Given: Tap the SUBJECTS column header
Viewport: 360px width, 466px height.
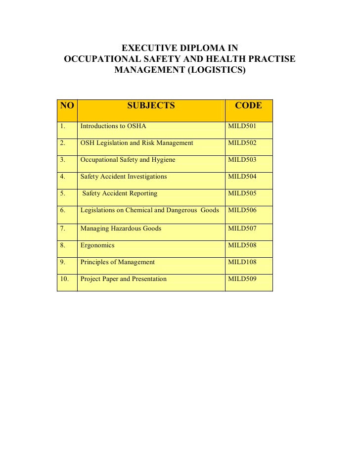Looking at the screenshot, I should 151,105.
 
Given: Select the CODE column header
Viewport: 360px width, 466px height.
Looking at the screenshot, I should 248,105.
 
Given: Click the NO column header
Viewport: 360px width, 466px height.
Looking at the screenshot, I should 67,105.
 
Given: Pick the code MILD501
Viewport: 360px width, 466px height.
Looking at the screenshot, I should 242,126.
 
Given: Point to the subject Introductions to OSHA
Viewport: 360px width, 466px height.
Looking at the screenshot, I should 113,126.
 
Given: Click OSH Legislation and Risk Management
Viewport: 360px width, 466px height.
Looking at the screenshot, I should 136,143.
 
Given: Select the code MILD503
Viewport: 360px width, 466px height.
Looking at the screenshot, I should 242,160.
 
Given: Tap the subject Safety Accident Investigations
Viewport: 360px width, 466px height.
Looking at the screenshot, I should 124,177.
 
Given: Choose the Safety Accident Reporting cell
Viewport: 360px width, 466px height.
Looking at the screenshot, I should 120,193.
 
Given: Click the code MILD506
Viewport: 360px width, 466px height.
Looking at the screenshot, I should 242,210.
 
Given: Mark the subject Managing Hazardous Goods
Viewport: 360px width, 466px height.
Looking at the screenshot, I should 121,229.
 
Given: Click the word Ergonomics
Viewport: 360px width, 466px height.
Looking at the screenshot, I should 97,245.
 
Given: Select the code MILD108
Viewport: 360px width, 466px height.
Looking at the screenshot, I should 242,262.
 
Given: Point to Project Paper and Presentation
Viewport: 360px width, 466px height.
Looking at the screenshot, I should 124,279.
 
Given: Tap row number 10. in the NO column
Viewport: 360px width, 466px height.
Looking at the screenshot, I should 65,279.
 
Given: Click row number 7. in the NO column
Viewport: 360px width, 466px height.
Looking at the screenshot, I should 63,229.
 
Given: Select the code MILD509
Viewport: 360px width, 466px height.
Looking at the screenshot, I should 242,279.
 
